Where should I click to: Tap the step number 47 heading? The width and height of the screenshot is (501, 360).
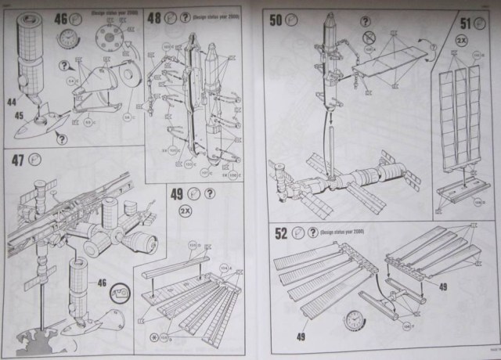pyautogui.click(x=17, y=160)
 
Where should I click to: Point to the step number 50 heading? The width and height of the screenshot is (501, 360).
pyautogui.click(x=276, y=19)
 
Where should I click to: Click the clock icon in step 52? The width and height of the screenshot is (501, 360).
pyautogui.click(x=355, y=319)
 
